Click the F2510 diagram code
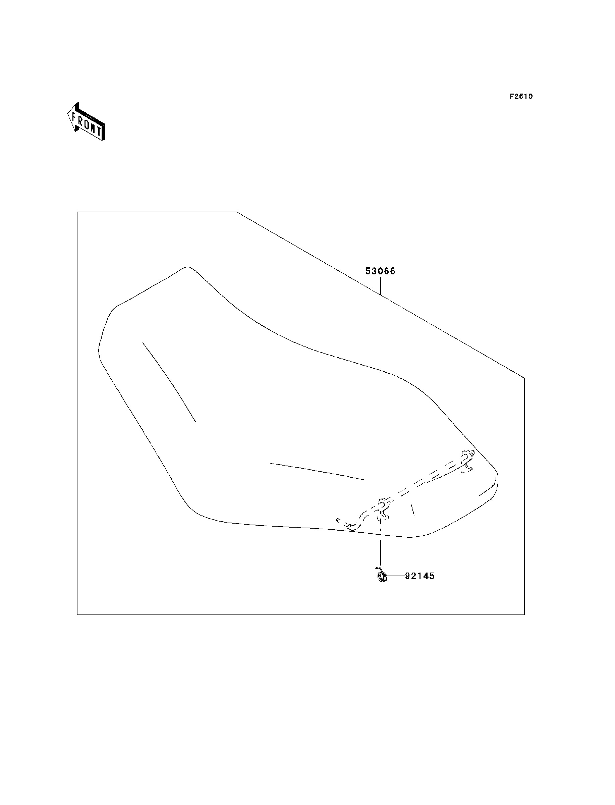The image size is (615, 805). [x=521, y=97]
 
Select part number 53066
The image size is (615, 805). [x=381, y=271]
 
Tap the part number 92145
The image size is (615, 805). [x=420, y=576]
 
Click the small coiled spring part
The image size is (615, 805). [x=382, y=576]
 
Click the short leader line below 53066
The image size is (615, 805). [x=381, y=286]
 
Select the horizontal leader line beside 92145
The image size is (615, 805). [x=396, y=576]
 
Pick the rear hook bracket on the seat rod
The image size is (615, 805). [x=467, y=461]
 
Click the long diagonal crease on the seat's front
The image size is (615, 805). [x=169, y=382]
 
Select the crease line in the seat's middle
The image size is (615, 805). [x=317, y=471]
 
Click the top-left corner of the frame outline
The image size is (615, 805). [x=77, y=212]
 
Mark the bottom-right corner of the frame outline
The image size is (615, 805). [x=524, y=614]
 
